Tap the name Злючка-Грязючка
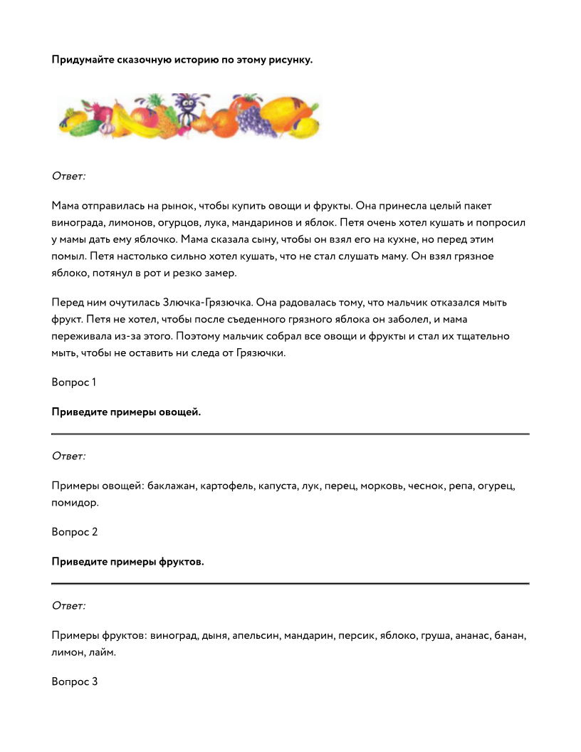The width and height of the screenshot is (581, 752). pos(206,303)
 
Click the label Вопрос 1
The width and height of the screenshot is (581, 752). pos(73,382)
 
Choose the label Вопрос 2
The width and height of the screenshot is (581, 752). pos(74,532)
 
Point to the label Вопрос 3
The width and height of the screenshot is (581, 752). pos(74,681)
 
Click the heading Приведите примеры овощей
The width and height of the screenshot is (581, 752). pos(126,412)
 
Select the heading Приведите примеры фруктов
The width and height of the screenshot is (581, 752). pos(127,561)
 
